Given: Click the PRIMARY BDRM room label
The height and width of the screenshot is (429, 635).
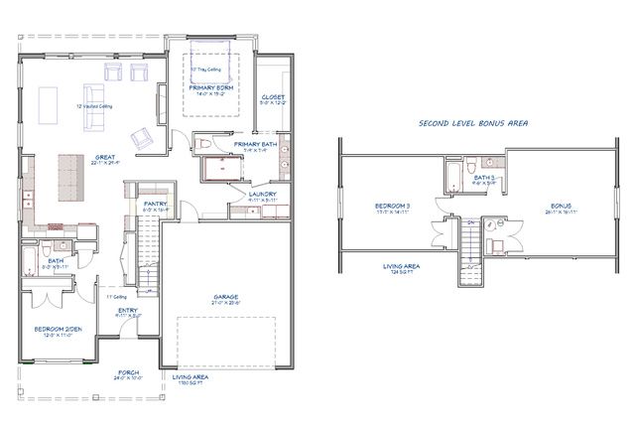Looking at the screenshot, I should tap(211, 87).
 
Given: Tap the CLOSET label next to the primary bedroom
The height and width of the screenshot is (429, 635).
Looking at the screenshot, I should tap(272, 96).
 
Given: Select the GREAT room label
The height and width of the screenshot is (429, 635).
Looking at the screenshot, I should tap(101, 156).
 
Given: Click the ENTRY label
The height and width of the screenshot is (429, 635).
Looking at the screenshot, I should tap(128, 311).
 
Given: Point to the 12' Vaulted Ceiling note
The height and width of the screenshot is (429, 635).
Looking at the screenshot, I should tap(95, 105).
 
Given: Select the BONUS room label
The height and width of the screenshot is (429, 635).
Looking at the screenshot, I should tap(562, 206).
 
